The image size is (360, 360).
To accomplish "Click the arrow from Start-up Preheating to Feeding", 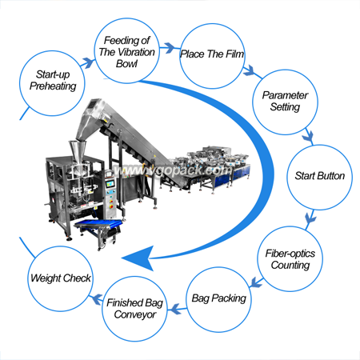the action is point(87,63).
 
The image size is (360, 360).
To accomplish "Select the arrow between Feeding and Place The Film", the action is point(170,48).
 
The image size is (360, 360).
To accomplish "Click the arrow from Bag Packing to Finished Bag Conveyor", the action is point(177,309).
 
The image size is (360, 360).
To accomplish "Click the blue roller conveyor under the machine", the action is point(98,226).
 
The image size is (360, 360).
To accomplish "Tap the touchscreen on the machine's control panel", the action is point(110,184).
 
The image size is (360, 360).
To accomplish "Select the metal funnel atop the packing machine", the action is point(78,151).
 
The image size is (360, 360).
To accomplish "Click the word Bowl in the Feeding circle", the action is point(126,64).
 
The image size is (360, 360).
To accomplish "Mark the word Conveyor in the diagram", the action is point(135,314).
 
